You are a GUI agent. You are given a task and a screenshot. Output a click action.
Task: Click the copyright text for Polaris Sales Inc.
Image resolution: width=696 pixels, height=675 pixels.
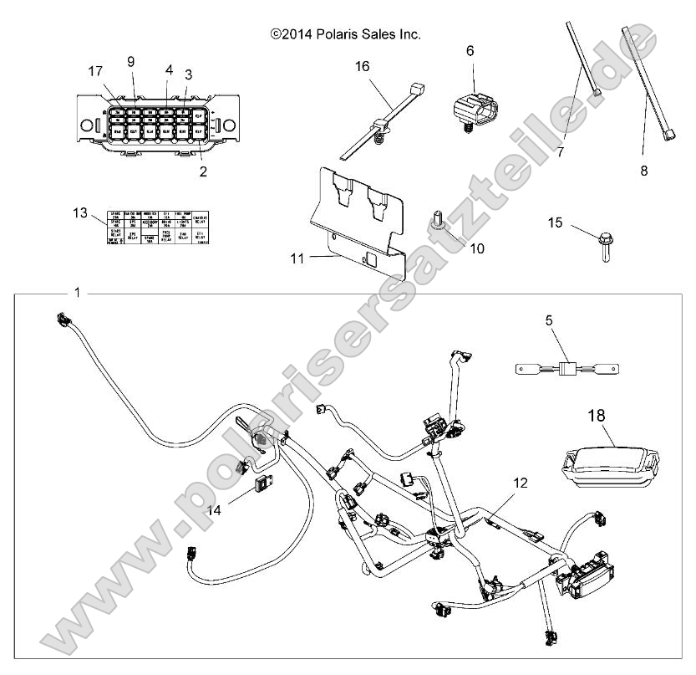coord(345,34)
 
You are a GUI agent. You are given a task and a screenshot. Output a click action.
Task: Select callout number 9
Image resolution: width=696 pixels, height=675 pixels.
coord(130,60)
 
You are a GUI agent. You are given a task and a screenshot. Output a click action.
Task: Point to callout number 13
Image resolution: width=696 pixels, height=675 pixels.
coord(80,213)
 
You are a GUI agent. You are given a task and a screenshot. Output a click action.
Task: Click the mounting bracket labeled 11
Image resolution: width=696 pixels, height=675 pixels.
coord(360,218)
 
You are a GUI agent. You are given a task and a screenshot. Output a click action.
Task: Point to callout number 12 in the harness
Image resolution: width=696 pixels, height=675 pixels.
coord(520,483)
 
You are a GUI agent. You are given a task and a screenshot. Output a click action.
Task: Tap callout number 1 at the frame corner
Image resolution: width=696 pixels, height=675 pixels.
coord(78,293)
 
